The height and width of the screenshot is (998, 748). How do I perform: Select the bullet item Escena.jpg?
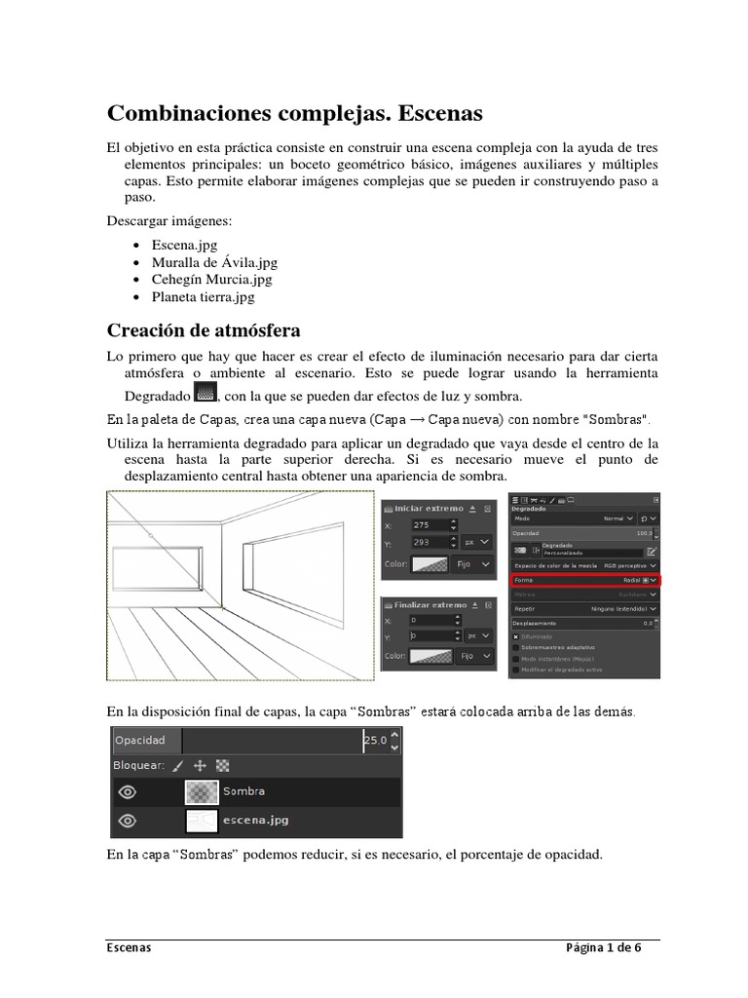pos(184,245)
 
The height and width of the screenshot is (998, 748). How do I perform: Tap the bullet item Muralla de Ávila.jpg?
pos(214,262)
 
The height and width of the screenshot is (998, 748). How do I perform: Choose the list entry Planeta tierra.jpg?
pos(203,297)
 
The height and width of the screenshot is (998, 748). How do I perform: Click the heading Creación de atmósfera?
pos(204,330)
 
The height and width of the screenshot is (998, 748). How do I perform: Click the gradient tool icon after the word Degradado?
pos(205,393)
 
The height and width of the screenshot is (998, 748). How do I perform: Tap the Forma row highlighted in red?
pos(585,580)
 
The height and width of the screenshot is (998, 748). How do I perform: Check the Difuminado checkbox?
pos(516,636)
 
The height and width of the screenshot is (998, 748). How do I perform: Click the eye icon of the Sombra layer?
pos(127,791)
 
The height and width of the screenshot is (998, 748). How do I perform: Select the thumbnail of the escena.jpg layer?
pos(202,821)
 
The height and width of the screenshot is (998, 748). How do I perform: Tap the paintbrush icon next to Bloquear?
pos(177,766)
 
